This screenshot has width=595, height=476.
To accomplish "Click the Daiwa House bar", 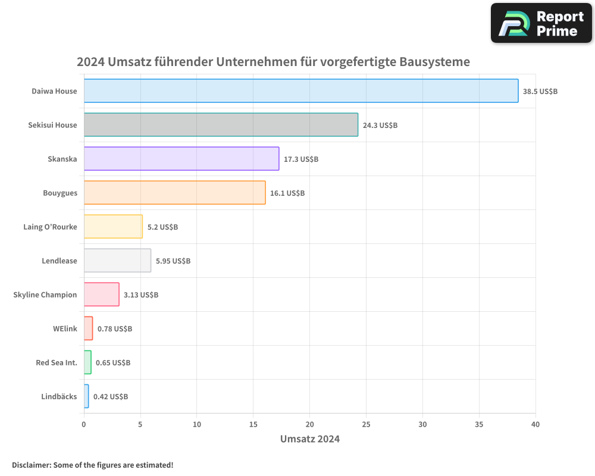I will pyautogui.click(x=300, y=91).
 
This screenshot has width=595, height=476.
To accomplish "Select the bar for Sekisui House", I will pyautogui.click(x=221, y=125).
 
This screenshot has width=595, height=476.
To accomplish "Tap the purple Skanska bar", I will pyautogui.click(x=181, y=159).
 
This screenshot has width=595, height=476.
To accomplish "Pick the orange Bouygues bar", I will pyautogui.click(x=174, y=193).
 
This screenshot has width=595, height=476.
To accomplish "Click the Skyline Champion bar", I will pyautogui.click(x=101, y=295).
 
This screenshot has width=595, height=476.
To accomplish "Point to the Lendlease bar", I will pyautogui.click(x=117, y=261).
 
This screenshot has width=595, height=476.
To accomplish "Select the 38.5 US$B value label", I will pyautogui.click(x=540, y=92).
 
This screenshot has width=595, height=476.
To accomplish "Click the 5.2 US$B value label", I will pyautogui.click(x=162, y=227).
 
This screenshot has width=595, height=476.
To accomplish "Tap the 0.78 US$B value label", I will pyautogui.click(x=115, y=329).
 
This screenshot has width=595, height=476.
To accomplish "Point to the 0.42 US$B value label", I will pyautogui.click(x=111, y=397).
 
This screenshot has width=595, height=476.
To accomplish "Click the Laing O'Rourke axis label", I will pyautogui.click(x=50, y=227).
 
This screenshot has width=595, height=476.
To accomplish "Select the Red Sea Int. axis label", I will pyautogui.click(x=57, y=362).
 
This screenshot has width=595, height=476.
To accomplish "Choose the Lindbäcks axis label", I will pyautogui.click(x=59, y=396).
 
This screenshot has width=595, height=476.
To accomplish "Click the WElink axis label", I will pyautogui.click(x=65, y=328).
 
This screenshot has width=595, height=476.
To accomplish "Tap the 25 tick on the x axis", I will pyautogui.click(x=366, y=424).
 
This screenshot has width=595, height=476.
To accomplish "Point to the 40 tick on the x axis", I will pyautogui.click(x=535, y=424).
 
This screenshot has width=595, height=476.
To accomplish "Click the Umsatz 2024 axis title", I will pyautogui.click(x=310, y=439).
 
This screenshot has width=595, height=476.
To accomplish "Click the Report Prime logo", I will pyautogui.click(x=541, y=23).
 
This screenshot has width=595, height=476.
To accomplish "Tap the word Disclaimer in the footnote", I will pyautogui.click(x=31, y=465).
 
